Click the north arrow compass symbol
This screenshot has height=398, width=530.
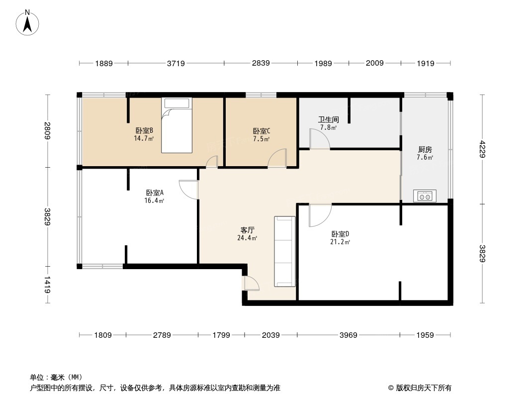[28, 22]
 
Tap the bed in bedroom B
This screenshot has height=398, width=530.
[176, 125]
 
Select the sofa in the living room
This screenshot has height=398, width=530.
[285, 251]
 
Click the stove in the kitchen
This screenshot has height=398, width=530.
[425, 197]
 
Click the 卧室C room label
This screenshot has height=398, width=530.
[262, 131]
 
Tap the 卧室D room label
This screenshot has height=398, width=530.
[341, 234]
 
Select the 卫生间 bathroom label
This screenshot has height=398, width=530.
[328, 119]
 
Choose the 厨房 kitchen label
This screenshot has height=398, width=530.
[425, 149]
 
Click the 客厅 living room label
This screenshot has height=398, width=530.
[248, 230]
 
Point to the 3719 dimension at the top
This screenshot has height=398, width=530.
[176, 63]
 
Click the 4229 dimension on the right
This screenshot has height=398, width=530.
[481, 149]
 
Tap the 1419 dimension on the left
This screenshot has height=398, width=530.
[47, 285]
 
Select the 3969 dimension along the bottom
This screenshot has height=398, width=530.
[349, 335]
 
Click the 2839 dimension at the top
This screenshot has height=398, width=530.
[261, 63]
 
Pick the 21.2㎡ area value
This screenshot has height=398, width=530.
[341, 242]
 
